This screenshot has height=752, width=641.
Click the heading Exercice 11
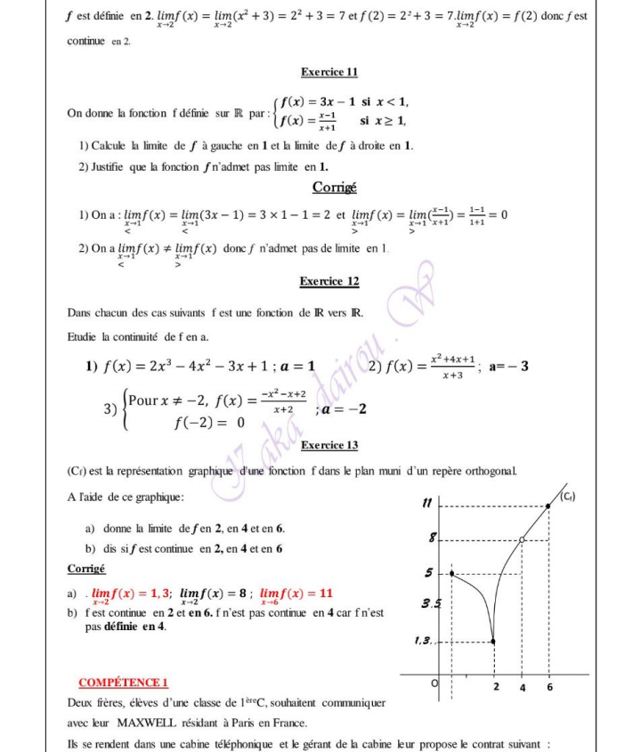[x=329, y=71]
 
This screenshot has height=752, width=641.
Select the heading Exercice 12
[x=329, y=281]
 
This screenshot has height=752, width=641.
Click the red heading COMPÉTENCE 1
[x=124, y=683]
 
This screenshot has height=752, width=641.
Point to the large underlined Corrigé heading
[x=334, y=187]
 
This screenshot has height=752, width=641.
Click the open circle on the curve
[x=523, y=538]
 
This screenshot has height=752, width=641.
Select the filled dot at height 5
[x=452, y=573]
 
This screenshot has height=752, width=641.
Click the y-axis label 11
[x=427, y=504]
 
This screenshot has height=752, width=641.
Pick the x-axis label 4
[x=523, y=687]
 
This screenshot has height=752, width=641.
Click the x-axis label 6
[x=549, y=687]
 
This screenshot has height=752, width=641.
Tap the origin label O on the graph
[x=435, y=683]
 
